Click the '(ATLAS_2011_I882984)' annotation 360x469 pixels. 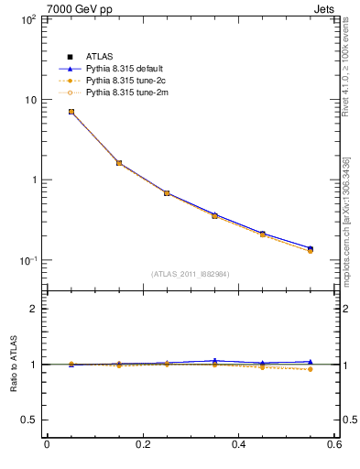pos(191,274)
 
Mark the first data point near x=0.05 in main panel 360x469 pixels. pos(71,112)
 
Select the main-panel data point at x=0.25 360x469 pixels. pos(167,193)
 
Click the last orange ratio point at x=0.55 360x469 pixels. pos(311,369)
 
